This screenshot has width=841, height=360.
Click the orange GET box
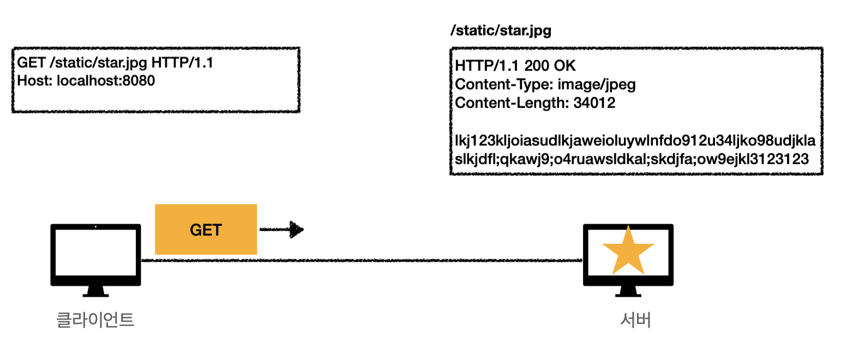(x=206, y=230)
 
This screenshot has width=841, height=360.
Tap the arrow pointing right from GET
(x=281, y=230)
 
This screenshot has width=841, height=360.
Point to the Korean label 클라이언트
(x=95, y=320)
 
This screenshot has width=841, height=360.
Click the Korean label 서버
(x=636, y=320)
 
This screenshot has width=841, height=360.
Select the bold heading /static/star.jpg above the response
(x=501, y=31)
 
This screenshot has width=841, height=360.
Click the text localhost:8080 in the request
(x=106, y=81)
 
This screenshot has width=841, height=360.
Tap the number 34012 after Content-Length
(x=594, y=103)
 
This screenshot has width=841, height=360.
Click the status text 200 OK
(x=550, y=67)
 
